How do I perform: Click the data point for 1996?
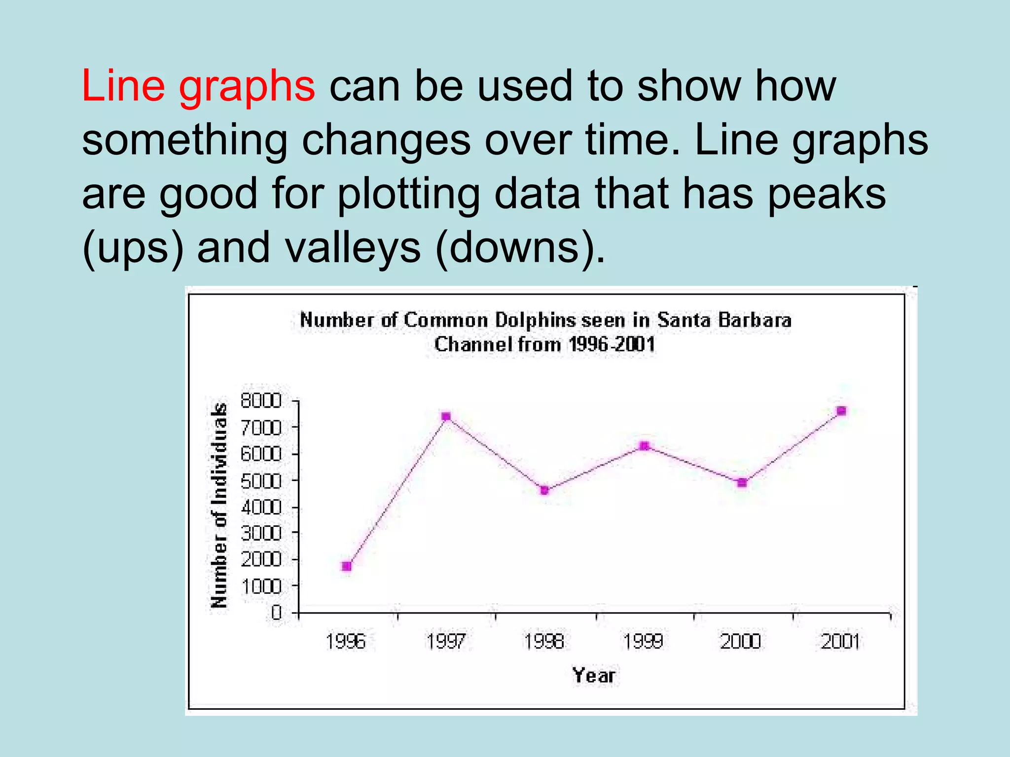347,566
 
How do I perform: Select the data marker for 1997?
446,416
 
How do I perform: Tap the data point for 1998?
544,490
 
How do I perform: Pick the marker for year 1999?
644,446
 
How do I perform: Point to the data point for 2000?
742,482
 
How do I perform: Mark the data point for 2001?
841,411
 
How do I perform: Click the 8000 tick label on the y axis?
261,401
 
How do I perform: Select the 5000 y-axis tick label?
261,481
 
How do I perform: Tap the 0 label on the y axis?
276,613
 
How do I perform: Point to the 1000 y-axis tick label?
261,586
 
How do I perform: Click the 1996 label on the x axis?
346,641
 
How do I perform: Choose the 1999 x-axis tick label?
643,641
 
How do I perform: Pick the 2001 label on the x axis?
840,641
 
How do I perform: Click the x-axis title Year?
594,675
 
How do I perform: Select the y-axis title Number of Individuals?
219,505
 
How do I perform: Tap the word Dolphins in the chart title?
535,321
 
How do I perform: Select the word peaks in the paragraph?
827,193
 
